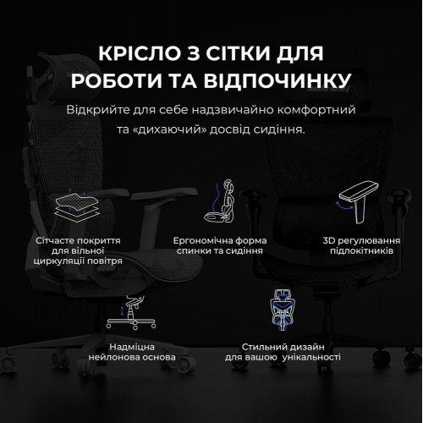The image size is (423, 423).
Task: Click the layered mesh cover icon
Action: coord(74,207)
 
